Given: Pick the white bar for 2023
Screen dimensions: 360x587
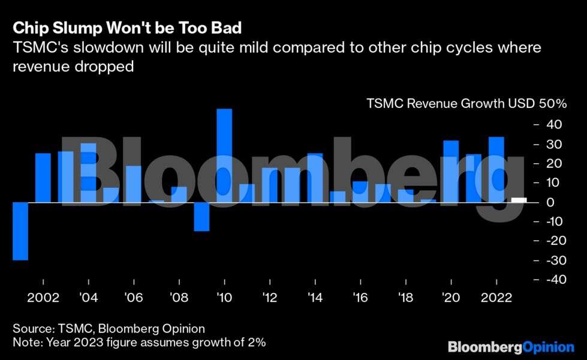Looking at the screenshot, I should (519, 200).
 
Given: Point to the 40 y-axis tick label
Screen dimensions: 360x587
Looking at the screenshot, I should (553, 125).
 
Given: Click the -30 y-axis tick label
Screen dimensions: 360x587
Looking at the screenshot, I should (550, 260).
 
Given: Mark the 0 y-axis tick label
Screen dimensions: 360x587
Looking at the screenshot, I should (557, 202).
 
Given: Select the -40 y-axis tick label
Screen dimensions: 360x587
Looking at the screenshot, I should (550, 280).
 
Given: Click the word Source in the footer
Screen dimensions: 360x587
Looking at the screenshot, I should (33, 328).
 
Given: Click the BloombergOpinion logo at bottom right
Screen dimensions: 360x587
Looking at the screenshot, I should (511, 346).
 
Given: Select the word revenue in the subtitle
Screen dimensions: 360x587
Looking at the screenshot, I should (38, 67).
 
